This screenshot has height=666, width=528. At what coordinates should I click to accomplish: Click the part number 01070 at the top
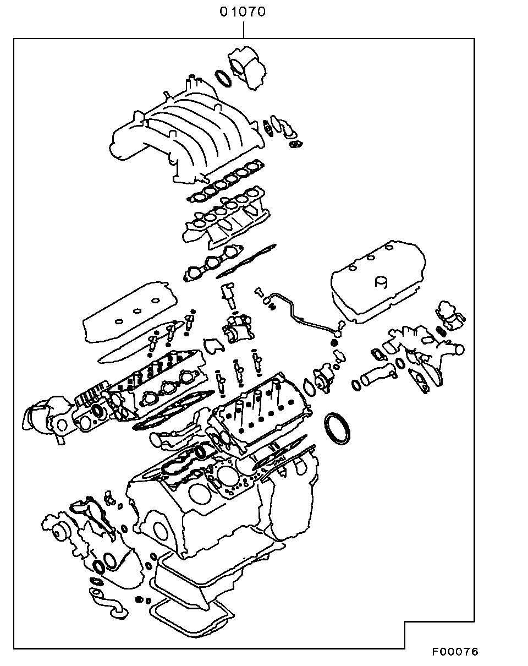point(243,12)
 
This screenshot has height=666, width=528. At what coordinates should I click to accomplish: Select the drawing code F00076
point(455,652)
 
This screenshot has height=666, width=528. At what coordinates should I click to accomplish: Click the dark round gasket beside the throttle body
point(223,78)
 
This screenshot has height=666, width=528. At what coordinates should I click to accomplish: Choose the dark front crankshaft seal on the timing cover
point(100,567)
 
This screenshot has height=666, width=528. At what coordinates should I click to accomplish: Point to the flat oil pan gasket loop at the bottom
point(193,619)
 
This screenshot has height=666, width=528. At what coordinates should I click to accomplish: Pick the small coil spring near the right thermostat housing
point(441,330)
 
